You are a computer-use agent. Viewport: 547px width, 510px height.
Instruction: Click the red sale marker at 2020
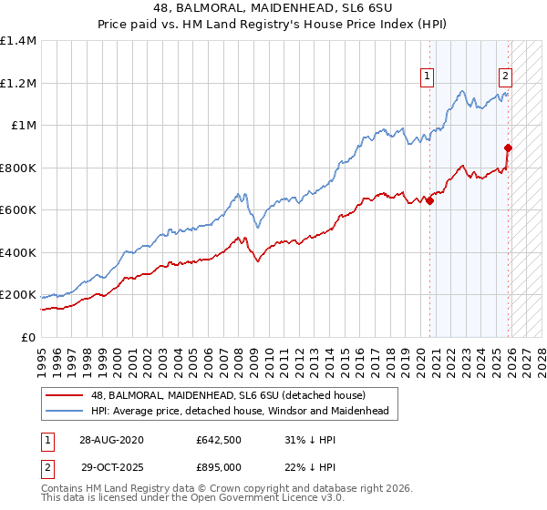click(x=429, y=202)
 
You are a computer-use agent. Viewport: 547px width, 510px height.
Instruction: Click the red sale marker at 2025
click(x=509, y=148)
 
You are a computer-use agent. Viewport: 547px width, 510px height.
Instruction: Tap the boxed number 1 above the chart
click(x=427, y=77)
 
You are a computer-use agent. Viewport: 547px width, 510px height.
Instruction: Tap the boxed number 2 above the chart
click(x=505, y=77)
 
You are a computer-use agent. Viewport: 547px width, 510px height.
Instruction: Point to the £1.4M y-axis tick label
click(x=18, y=41)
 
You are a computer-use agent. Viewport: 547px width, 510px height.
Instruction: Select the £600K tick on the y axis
click(x=18, y=210)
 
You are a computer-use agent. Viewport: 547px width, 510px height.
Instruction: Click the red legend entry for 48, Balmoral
click(x=228, y=396)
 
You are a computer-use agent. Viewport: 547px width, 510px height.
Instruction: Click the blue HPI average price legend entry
click(x=240, y=412)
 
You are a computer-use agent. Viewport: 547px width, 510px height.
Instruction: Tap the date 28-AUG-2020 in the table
click(x=110, y=440)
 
